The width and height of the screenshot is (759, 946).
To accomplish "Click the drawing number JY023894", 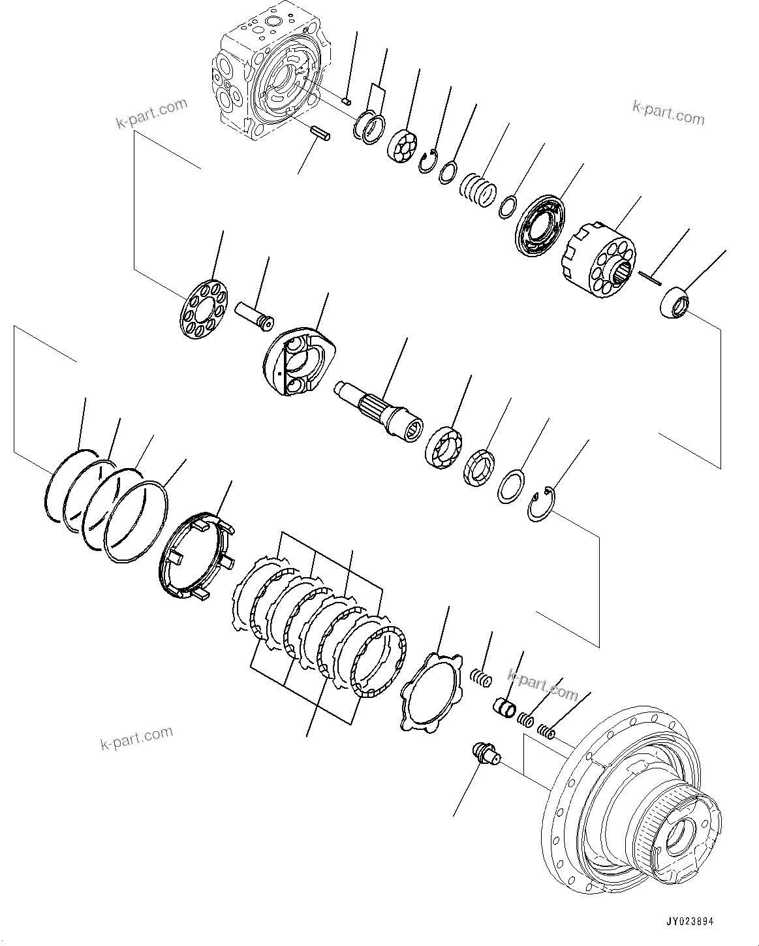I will point(689,921).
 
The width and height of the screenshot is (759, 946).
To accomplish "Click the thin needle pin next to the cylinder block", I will point(651,277).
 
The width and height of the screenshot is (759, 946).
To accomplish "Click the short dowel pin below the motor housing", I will point(320,132).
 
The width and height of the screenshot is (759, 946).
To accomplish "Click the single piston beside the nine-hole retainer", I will point(255,315).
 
